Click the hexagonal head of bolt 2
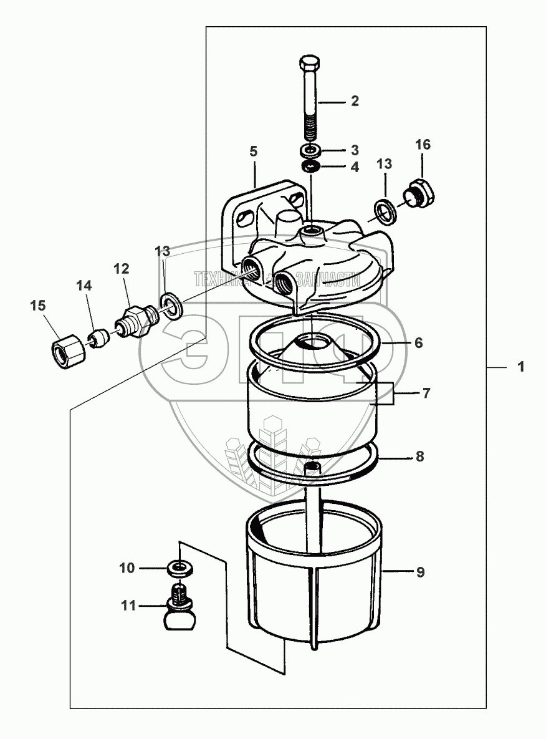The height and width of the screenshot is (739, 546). (x=309, y=64)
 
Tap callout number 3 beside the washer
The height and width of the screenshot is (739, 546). (x=354, y=150)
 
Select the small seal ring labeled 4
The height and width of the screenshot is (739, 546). (x=310, y=167)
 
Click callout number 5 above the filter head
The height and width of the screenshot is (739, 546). (x=253, y=152)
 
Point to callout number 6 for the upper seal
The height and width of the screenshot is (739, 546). (x=418, y=343)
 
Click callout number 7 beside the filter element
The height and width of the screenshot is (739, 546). (x=426, y=394)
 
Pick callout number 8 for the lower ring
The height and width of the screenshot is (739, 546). (x=419, y=456)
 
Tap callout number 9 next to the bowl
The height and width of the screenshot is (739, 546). (x=420, y=571)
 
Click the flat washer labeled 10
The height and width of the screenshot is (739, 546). (x=180, y=568)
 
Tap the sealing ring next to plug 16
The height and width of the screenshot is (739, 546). (x=386, y=210)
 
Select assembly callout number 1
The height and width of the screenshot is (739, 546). (x=520, y=369)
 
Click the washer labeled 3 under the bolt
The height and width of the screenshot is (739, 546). (x=310, y=150)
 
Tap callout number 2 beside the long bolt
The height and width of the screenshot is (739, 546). (x=354, y=101)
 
